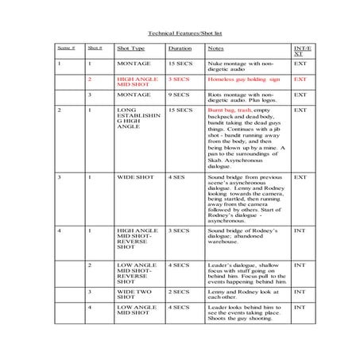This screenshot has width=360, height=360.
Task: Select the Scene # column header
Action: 67,48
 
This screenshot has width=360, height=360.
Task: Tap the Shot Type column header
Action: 129,48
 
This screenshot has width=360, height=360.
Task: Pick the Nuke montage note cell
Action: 246,64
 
